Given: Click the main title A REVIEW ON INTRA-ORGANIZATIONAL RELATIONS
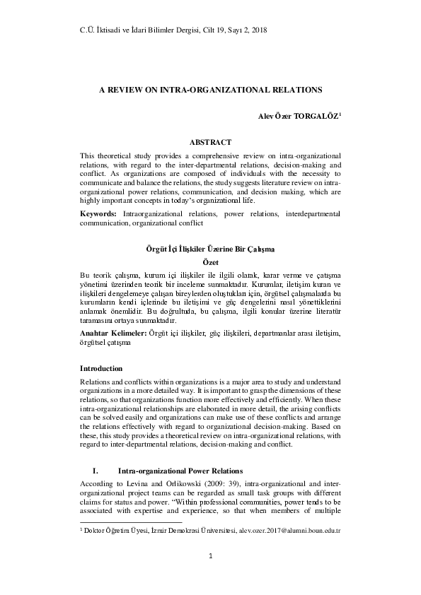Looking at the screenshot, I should click(x=210, y=90).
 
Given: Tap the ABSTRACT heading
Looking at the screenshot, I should click(x=210, y=142).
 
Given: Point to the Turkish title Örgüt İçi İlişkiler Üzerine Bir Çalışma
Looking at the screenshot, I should click(x=210, y=249).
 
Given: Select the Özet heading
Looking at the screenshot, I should click(x=210, y=262).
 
